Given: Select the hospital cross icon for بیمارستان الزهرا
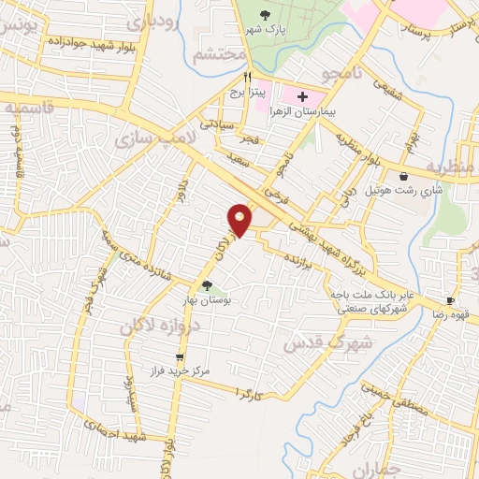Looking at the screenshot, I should (x=302, y=95).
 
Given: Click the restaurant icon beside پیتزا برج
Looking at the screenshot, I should (x=247, y=78).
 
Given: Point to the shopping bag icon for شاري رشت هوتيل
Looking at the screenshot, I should (x=402, y=176).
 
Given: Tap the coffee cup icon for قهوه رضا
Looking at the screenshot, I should (x=450, y=300).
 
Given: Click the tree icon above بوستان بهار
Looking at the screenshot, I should (x=207, y=287).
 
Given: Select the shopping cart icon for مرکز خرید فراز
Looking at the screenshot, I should (x=180, y=356).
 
